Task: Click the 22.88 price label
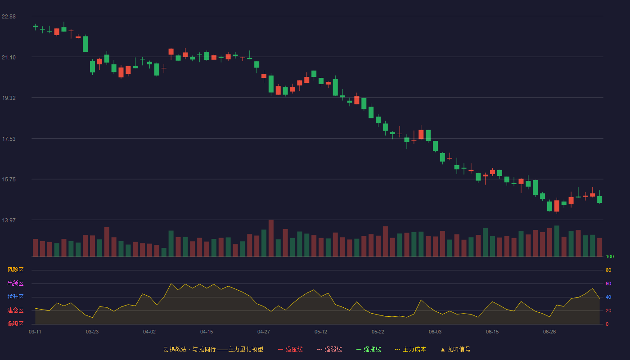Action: [9, 17]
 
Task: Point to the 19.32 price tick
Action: [9, 98]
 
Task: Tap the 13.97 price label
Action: [9, 220]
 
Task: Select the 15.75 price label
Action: [9, 180]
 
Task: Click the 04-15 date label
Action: [207, 332]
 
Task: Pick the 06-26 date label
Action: [549, 332]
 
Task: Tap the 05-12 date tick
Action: [320, 332]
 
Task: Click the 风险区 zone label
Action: [15, 270]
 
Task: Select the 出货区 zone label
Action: [15, 283]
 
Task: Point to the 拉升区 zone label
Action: [15, 297]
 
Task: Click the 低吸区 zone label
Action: [15, 324]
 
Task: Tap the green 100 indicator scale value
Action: [610, 256]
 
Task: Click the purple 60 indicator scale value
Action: [608, 283]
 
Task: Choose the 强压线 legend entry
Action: [290, 349]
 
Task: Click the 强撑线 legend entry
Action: [369, 349]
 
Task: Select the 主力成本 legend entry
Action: [410, 349]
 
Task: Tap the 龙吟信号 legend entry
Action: [455, 349]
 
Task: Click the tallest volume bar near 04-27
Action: [271, 238]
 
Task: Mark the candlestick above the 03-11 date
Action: [35, 27]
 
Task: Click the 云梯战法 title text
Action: [175, 349]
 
